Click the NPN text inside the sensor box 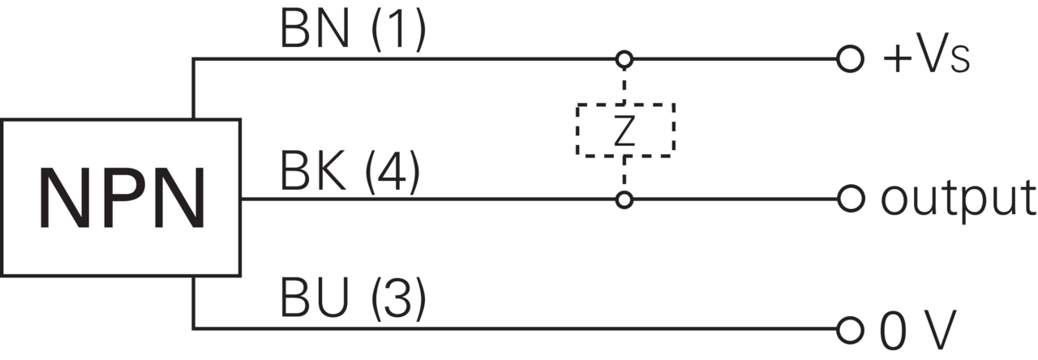click(x=122, y=199)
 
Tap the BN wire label click(x=315, y=29)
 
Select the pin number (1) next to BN click(x=398, y=30)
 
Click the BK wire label click(x=313, y=172)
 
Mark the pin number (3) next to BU click(x=398, y=298)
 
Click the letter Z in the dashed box click(x=624, y=131)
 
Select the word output click(x=958, y=200)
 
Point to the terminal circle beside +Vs click(x=851, y=59)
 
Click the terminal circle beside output click(x=851, y=199)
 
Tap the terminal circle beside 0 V click(x=851, y=329)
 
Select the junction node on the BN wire click(x=624, y=59)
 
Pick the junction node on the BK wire click(x=624, y=199)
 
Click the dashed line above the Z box click(x=624, y=86)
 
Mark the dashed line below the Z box click(x=624, y=174)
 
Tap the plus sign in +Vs click(x=897, y=59)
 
